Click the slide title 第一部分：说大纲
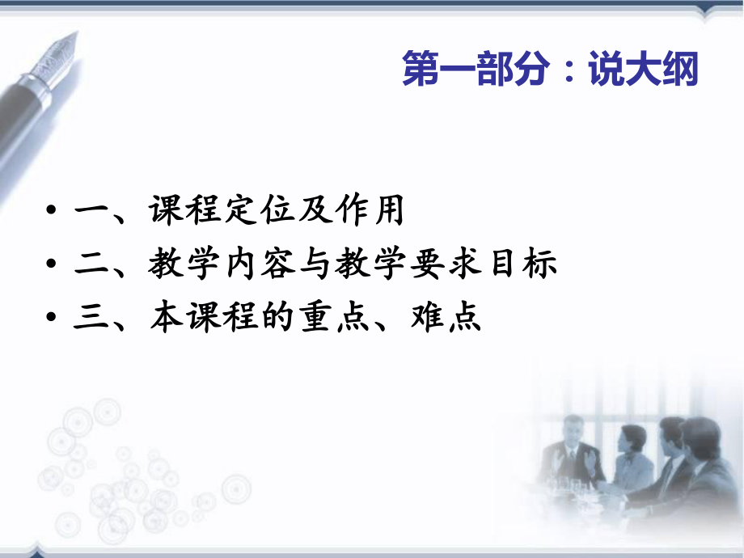[x=550, y=71]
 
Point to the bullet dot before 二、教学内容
[x=53, y=266]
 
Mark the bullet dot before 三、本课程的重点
[x=53, y=319]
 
